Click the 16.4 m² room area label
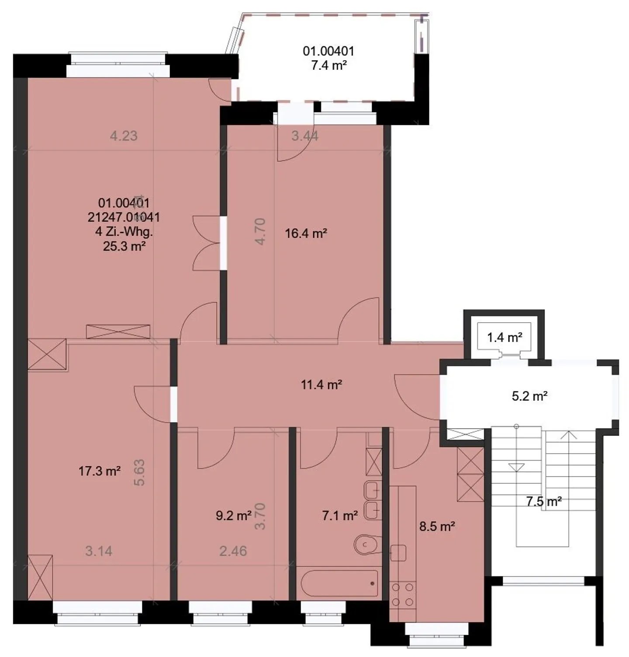(x=306, y=234)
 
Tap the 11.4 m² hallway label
(x=321, y=385)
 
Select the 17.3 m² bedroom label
(x=100, y=471)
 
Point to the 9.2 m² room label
(x=233, y=516)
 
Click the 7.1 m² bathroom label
(x=340, y=516)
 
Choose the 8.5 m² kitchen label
(x=437, y=526)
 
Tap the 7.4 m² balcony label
(x=328, y=65)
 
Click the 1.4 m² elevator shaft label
(x=505, y=337)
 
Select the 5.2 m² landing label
(x=529, y=396)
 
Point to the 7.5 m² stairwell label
(x=543, y=502)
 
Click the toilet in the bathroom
(x=366, y=544)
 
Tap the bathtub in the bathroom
(x=339, y=583)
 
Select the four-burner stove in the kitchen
(x=402, y=595)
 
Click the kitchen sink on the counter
(x=398, y=553)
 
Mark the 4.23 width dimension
(x=124, y=136)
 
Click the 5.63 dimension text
(x=139, y=473)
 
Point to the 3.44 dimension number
(x=305, y=136)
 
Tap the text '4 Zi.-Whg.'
(x=124, y=231)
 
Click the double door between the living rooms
(x=207, y=243)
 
